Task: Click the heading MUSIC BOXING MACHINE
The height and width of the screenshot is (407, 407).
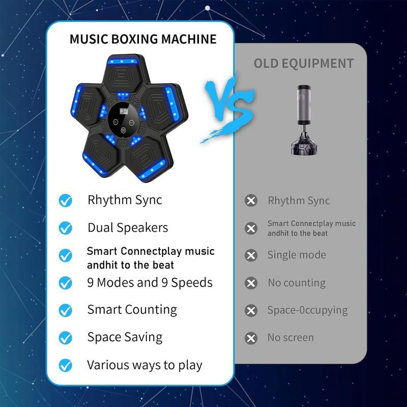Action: (x=143, y=39)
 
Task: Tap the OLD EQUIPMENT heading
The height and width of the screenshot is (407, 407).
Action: (x=303, y=64)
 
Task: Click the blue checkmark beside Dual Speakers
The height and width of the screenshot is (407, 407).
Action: (x=66, y=227)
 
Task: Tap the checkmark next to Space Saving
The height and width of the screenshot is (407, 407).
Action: (x=66, y=337)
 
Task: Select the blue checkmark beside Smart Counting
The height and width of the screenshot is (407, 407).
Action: (x=66, y=310)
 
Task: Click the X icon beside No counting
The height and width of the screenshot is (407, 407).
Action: (x=251, y=283)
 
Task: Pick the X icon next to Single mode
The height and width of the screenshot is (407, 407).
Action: (x=251, y=255)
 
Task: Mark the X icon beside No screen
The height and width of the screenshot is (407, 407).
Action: (x=251, y=338)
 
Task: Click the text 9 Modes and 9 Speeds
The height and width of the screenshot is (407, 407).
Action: (x=150, y=282)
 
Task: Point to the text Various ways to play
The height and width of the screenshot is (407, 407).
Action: (x=144, y=365)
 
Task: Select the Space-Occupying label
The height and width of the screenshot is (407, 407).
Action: (x=307, y=310)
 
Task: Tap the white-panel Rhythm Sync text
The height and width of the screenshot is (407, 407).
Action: (x=125, y=200)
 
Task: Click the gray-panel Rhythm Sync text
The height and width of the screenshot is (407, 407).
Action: (x=299, y=200)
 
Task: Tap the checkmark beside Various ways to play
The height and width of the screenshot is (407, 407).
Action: (x=66, y=365)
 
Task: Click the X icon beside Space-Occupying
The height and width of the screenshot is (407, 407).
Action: (x=251, y=310)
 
